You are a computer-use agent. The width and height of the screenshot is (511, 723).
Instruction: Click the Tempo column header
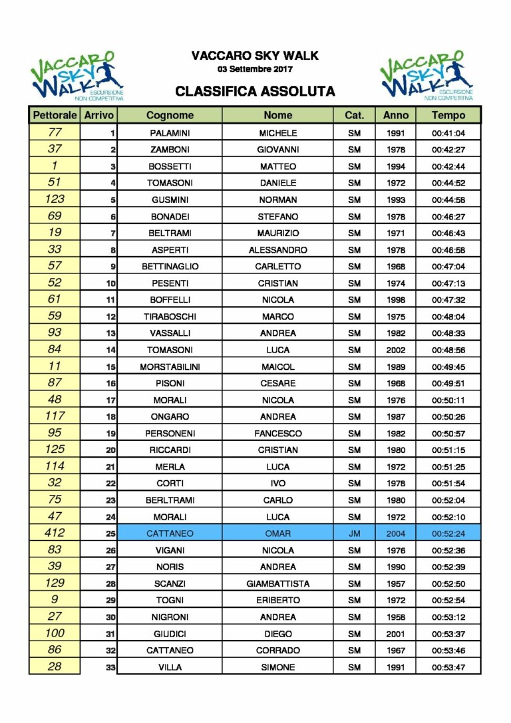click(448, 115)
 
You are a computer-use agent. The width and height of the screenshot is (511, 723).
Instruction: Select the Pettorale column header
click(55, 115)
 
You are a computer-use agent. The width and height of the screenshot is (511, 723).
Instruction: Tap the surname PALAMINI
click(170, 133)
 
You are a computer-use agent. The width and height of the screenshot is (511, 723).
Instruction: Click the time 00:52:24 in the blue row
click(448, 533)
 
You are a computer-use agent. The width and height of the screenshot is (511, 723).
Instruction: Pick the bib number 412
click(55, 533)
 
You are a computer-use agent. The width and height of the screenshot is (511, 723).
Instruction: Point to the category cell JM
click(354, 533)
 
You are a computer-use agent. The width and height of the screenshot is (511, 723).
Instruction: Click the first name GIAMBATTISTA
click(278, 583)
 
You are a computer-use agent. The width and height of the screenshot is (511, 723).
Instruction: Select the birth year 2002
click(395, 350)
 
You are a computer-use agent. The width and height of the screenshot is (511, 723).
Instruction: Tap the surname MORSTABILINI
click(170, 366)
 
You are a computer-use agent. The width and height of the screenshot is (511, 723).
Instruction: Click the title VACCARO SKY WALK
click(255, 56)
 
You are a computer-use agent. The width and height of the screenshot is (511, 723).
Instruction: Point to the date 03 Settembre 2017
click(255, 69)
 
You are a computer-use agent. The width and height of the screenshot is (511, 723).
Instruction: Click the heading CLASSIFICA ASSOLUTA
click(255, 91)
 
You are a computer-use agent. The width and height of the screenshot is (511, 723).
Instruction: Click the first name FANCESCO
click(278, 434)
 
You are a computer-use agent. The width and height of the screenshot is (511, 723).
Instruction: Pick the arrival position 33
click(111, 667)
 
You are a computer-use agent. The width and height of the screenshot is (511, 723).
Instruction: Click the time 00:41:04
click(448, 133)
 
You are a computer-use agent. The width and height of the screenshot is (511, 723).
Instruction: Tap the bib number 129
click(55, 583)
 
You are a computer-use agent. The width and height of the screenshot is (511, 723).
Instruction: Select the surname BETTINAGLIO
click(170, 267)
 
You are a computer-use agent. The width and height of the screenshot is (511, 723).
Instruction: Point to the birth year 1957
click(395, 583)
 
